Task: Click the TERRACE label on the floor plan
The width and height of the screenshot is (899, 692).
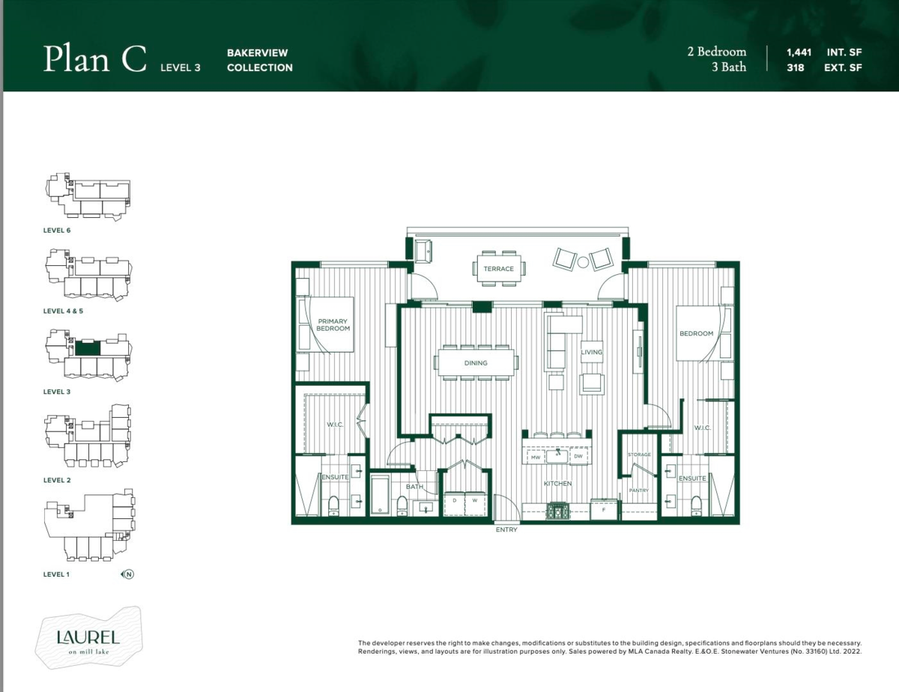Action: (x=498, y=269)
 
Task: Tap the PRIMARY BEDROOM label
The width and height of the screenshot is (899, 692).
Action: (x=333, y=324)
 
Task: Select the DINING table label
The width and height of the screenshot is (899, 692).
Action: (x=475, y=363)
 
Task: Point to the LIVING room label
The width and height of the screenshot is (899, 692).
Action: (x=591, y=352)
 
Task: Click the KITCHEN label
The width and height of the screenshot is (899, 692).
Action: (x=557, y=484)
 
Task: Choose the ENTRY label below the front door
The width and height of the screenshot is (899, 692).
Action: (x=506, y=530)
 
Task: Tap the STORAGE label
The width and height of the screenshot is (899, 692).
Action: (x=639, y=455)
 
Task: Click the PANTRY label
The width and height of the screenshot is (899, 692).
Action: (x=638, y=491)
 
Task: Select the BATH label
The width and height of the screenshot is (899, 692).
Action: (x=414, y=487)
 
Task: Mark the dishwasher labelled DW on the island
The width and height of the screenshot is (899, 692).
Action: (x=578, y=456)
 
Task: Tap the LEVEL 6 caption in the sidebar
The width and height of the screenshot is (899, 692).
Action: (x=57, y=230)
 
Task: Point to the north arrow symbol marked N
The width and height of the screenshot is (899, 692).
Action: (x=129, y=575)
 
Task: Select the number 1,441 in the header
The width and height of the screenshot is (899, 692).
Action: (x=799, y=52)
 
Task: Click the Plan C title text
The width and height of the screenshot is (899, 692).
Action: (x=94, y=59)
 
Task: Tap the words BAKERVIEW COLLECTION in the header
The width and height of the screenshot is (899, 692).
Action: (x=259, y=60)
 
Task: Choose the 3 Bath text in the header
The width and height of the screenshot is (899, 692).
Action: (x=728, y=67)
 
